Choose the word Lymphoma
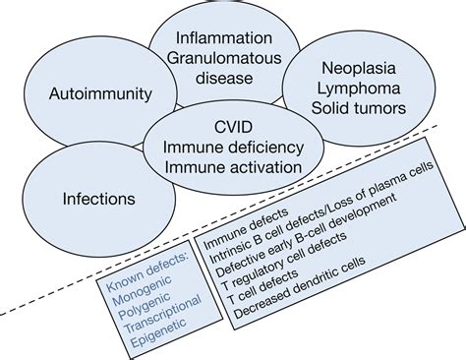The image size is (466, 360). coord(361,90)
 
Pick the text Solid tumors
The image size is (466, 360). coord(361,112)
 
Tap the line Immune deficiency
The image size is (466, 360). coord(230,148)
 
